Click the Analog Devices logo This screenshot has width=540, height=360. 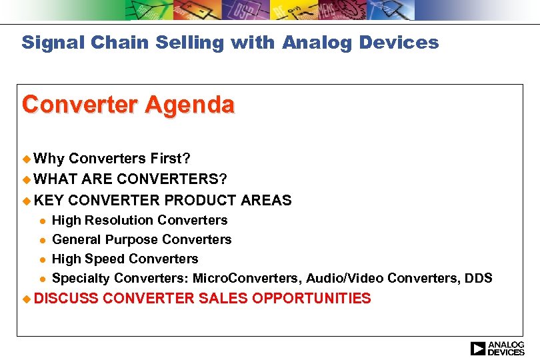tap(497, 348)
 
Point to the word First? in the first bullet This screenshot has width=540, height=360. tap(170, 159)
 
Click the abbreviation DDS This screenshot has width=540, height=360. tap(479, 278)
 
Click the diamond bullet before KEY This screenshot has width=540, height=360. tap(27, 200)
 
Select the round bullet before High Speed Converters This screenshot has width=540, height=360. tap(41, 259)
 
